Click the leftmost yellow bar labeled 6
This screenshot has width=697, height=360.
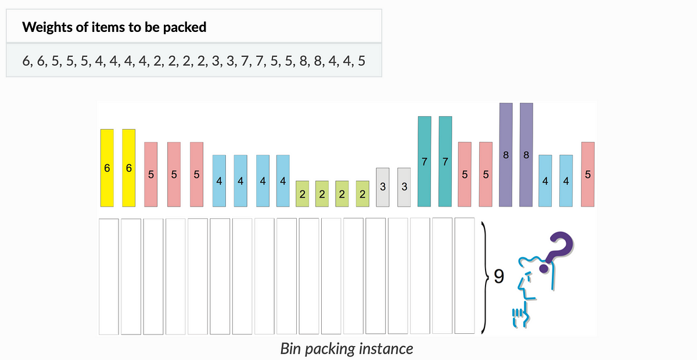coord(107,168)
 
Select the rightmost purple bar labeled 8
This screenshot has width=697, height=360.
coord(526,155)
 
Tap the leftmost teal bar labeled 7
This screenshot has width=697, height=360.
coord(425,161)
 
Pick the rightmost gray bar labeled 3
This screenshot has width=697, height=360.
coord(404,188)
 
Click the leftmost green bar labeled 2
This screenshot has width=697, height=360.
coord(302,193)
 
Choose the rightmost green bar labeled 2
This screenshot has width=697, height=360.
coord(362,193)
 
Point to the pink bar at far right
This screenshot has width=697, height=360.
coord(588,174)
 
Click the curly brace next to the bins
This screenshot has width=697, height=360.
coord(483,277)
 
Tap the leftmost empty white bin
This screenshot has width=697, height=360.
coord(109,276)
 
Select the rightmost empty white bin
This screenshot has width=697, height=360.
coord(464,276)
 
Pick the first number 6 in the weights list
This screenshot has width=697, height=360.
coord(26,60)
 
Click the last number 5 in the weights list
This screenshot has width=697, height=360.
coord(361,60)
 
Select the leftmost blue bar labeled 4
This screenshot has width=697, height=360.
coord(219,180)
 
